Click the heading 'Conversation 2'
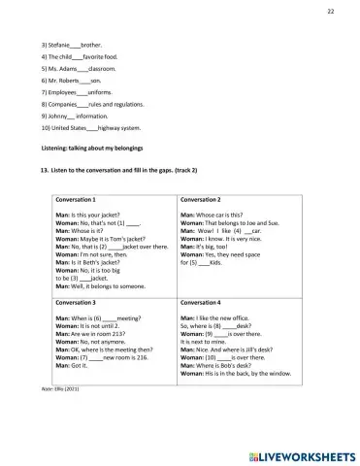(201, 199)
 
